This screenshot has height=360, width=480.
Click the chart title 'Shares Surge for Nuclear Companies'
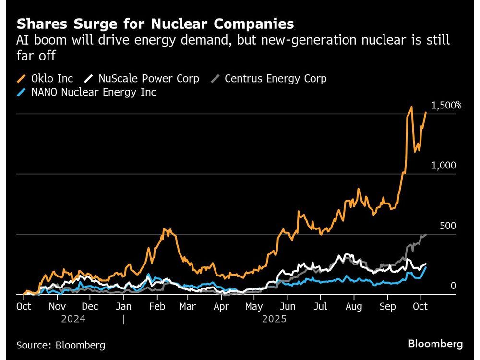point(155,24)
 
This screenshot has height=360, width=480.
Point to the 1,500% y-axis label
point(446,106)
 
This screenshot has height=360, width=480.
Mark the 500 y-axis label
point(447,226)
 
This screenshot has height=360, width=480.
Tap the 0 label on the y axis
point(453,286)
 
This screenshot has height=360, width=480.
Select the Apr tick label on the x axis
point(221,306)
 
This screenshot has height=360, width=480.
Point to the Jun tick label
point(287,306)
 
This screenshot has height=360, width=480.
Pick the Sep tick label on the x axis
point(387,306)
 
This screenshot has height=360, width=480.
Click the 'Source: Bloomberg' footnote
point(60,345)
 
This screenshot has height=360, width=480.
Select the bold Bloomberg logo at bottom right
point(435,344)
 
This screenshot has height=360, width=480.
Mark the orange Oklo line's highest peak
point(411,107)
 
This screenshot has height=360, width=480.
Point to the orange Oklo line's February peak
point(165,229)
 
